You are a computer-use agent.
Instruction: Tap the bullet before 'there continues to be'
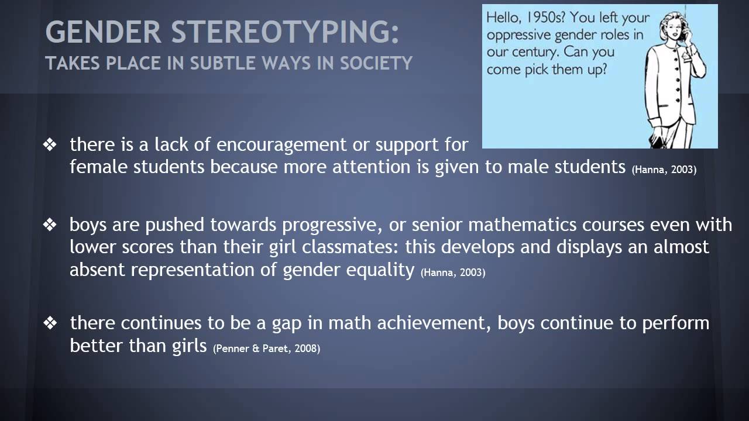50,323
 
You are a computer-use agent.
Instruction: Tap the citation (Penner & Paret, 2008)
267,348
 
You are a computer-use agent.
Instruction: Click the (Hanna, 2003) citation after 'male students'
664,170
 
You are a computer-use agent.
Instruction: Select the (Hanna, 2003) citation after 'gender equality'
453,272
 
